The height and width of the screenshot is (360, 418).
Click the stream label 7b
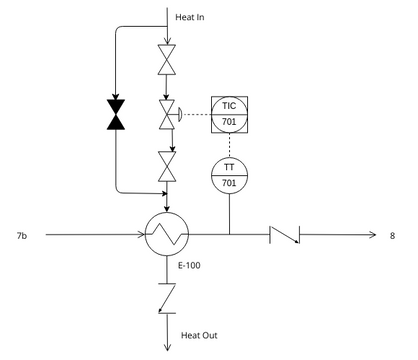coord(22,236)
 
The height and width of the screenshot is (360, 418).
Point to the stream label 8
coord(392,236)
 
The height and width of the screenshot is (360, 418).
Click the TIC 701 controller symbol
coord(228,114)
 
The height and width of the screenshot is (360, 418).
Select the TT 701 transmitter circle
coord(228,174)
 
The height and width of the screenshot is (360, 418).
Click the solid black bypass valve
coord(116,114)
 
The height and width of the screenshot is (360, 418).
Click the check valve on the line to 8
coord(284,236)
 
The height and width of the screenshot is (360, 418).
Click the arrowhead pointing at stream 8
coord(371,236)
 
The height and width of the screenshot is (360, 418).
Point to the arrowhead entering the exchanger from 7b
coord(141,236)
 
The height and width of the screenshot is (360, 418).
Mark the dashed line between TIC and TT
coord(228,144)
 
